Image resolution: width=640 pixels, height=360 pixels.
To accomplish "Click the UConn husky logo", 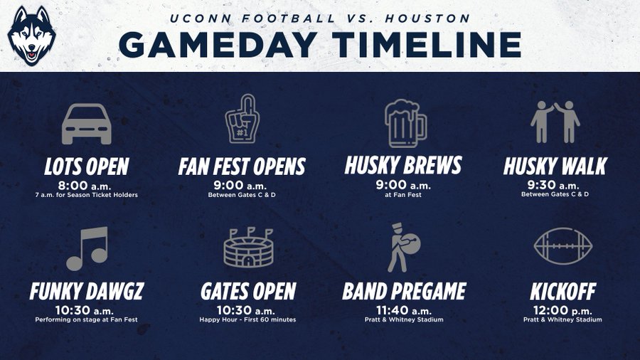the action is click(31, 36).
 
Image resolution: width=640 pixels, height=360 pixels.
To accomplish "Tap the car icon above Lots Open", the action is click(87, 124).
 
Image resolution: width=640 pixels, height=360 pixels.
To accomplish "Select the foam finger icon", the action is click(242, 119).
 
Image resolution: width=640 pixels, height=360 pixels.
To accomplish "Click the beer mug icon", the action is click(405, 123).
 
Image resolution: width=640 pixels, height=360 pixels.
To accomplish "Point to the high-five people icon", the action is click(555, 122).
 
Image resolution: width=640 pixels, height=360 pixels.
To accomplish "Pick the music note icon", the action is click(87, 248).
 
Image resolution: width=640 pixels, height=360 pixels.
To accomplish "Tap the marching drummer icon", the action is click(403, 248).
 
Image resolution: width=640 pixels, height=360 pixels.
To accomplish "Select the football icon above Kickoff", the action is click(563, 246).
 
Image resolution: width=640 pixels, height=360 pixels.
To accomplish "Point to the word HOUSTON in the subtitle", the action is click(427, 18).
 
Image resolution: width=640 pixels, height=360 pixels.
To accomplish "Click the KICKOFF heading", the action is click(563, 292).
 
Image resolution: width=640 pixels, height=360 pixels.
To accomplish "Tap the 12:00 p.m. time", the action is click(562, 311).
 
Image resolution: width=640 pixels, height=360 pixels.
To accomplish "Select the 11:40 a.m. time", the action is click(404, 311).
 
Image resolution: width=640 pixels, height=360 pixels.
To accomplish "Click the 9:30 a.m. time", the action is click(553, 185).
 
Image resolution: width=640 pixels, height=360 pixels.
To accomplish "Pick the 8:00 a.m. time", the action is click(84, 186).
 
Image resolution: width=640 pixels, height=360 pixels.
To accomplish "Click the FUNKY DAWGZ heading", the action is click(87, 292).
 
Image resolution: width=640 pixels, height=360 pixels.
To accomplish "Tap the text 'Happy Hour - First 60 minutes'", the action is click(247, 319).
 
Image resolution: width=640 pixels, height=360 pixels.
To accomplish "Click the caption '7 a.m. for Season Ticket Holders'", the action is click(87, 195).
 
